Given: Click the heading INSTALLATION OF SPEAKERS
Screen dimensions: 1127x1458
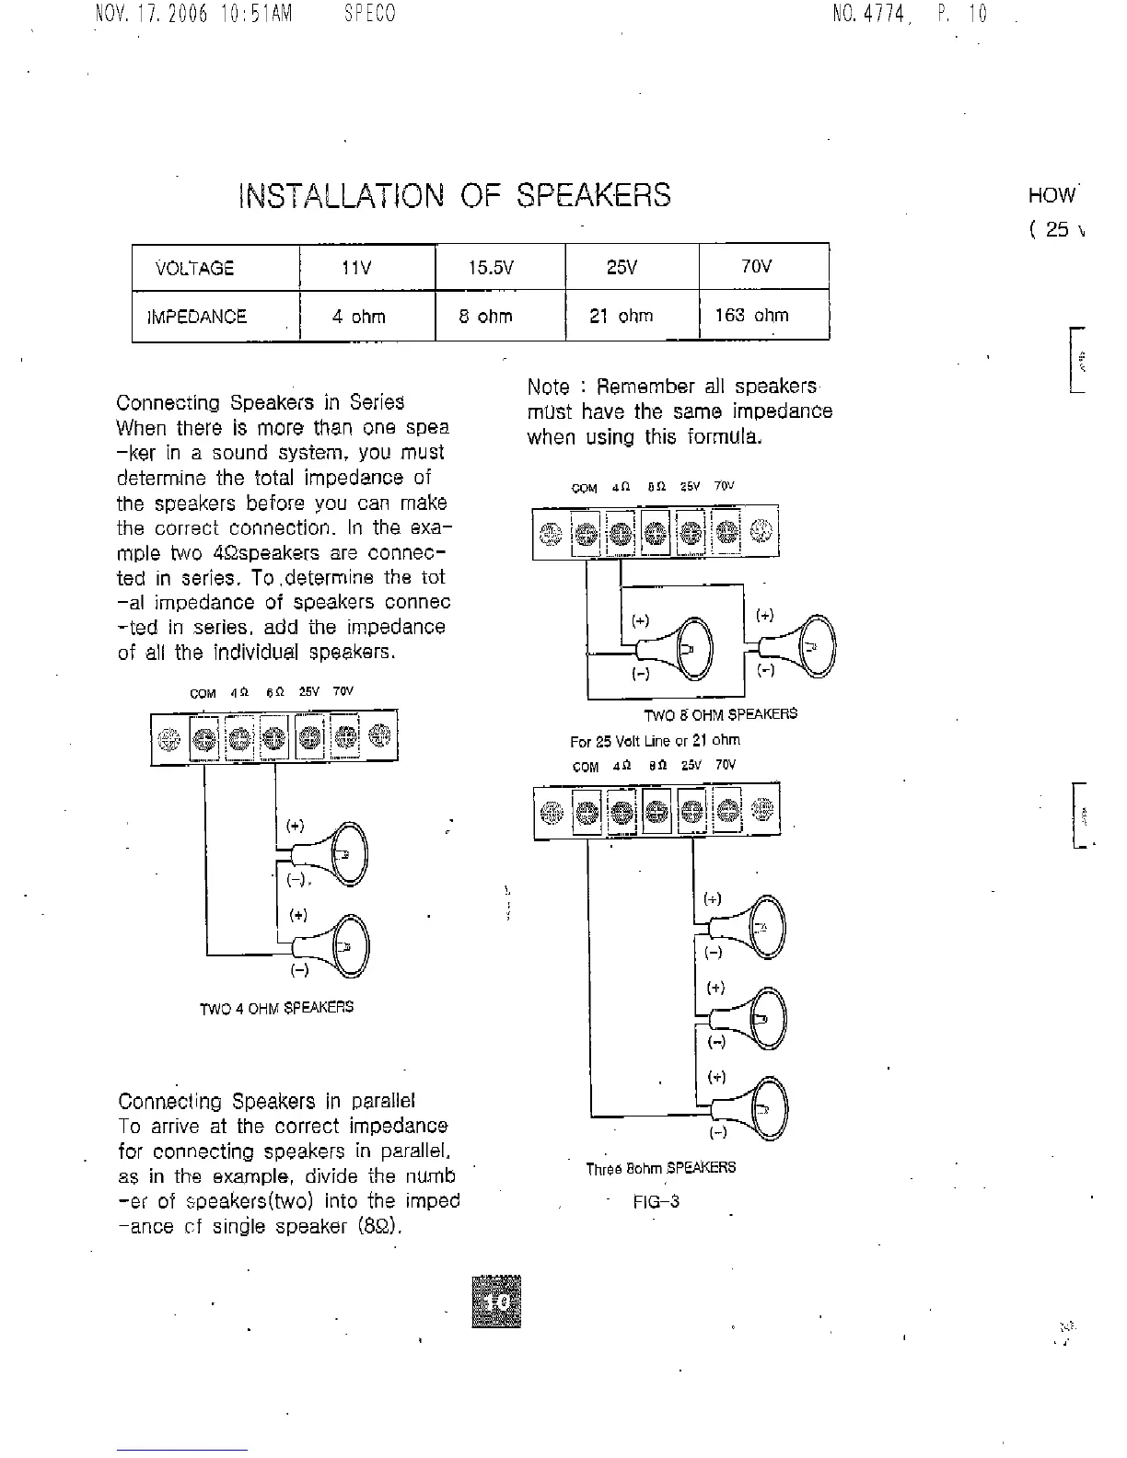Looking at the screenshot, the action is [455, 195].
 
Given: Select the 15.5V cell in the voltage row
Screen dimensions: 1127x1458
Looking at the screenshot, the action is [490, 268].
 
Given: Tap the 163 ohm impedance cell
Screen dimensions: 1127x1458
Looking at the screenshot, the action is [751, 316].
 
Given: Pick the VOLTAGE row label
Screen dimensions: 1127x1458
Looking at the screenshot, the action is [195, 269].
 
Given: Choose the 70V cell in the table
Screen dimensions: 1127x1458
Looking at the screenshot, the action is [756, 267].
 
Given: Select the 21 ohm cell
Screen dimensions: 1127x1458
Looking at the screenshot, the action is [621, 316].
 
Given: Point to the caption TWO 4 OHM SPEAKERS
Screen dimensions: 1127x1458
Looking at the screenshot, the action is [276, 1008].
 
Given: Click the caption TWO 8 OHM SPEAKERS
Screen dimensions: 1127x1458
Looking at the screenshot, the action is [720, 714].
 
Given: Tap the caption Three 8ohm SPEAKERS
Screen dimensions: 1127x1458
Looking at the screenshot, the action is [660, 1168].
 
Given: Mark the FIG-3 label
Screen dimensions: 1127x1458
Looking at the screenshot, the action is [656, 1201].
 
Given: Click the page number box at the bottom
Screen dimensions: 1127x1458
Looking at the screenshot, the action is [496, 1302].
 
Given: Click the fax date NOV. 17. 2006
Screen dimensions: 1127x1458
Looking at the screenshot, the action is [152, 15].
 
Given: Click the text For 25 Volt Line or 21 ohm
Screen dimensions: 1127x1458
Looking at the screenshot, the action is [655, 740].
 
